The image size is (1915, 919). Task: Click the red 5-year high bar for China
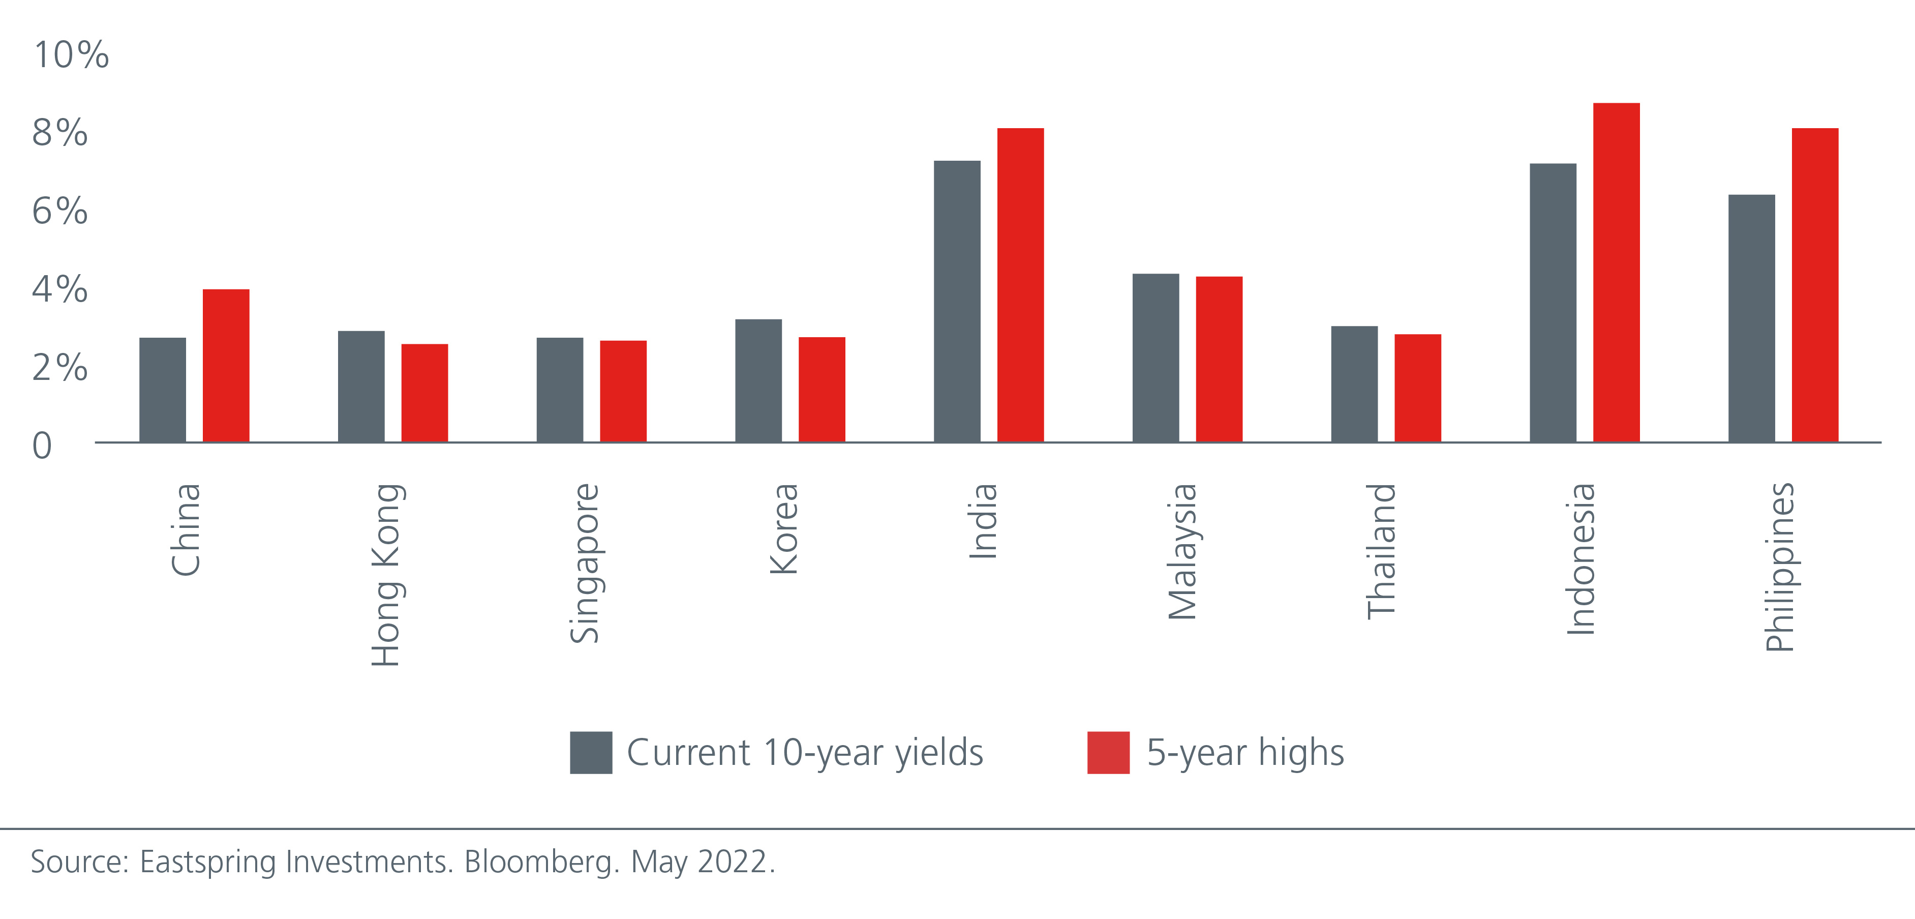tap(226, 366)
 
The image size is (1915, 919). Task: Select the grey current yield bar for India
tap(957, 301)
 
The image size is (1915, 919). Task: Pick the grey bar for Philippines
tap(1751, 318)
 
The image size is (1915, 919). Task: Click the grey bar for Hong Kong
tap(361, 387)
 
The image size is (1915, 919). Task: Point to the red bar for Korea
tap(822, 390)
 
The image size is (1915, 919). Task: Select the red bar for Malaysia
tap(1219, 359)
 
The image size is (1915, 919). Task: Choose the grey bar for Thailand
tap(1354, 383)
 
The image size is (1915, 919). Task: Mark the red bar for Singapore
tap(623, 391)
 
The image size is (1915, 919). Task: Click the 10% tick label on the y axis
tap(71, 55)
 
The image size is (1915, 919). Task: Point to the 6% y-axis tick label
tap(59, 211)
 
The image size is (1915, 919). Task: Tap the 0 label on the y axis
tap(42, 446)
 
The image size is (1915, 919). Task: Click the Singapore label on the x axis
tap(584, 563)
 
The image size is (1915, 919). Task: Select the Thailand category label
tap(1381, 551)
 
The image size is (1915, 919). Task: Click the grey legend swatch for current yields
tap(591, 753)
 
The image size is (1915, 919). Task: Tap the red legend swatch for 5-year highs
tap(1108, 753)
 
